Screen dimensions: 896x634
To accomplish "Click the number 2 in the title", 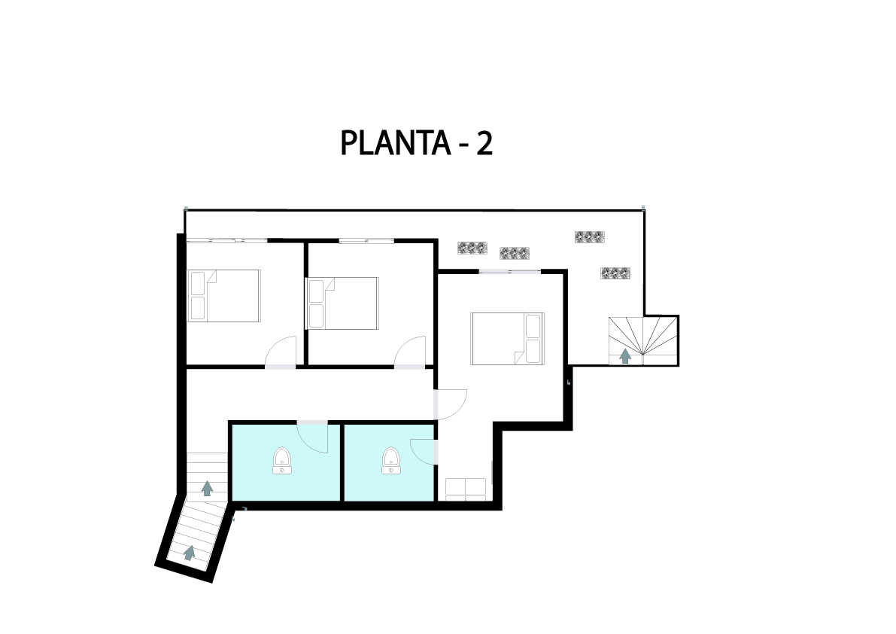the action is [x=484, y=143].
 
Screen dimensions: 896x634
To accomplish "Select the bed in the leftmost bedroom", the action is [x=225, y=296].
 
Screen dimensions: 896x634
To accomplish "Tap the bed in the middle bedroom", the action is [x=342, y=303].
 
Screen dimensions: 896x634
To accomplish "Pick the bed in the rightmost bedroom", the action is [x=507, y=338].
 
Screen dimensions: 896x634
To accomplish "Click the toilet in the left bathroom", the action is [x=281, y=461].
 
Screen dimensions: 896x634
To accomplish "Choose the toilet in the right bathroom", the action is [x=391, y=461].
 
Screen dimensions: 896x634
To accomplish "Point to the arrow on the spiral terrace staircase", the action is [x=626, y=356].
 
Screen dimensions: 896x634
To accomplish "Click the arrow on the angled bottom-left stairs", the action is [x=189, y=553].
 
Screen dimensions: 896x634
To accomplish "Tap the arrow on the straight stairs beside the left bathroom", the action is [x=208, y=488].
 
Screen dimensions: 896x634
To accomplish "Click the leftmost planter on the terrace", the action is [x=472, y=248].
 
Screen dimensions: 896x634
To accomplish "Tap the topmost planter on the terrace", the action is [x=590, y=236].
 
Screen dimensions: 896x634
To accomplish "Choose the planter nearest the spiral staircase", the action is [x=615, y=273].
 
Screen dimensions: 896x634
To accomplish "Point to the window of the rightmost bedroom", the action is [x=510, y=271].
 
